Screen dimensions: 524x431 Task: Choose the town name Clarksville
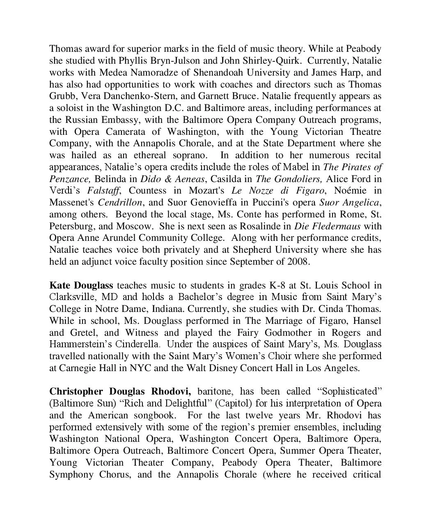73,297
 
